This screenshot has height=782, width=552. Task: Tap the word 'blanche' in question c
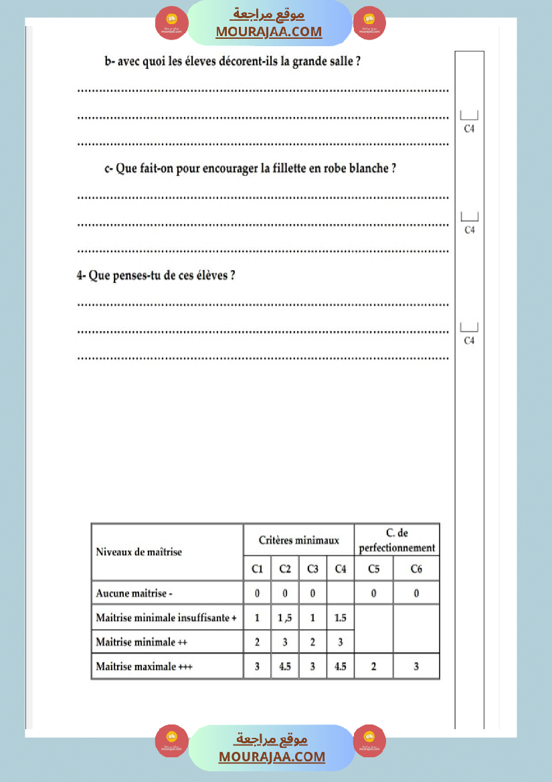point(369,169)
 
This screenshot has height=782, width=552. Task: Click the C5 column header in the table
point(373,569)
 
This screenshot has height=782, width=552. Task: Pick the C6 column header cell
point(416,569)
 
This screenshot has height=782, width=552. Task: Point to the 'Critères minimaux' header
point(298,540)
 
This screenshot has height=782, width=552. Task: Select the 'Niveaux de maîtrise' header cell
point(139,552)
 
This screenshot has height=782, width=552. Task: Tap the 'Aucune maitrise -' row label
point(135,593)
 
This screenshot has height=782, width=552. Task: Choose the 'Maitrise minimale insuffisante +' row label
point(166,617)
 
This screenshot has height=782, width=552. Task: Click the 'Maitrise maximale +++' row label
point(144,666)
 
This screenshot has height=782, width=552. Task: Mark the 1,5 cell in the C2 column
point(285,617)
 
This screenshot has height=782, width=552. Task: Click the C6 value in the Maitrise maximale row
point(416,666)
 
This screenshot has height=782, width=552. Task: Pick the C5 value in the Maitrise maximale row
point(373,666)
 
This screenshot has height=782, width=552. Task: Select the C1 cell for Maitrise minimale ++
point(258,642)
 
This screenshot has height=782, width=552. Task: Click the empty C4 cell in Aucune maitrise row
point(341,593)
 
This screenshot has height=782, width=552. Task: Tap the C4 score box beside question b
point(469,115)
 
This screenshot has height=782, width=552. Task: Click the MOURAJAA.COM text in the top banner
point(268,31)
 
